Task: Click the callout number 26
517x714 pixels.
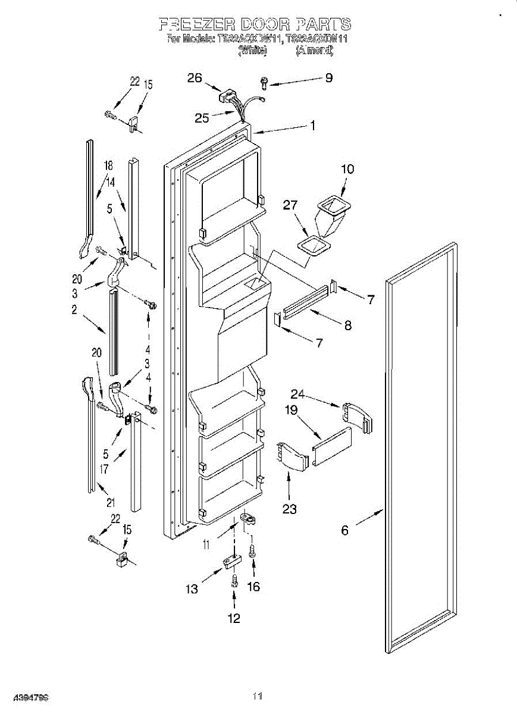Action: click(x=195, y=78)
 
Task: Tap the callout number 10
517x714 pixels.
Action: click(x=347, y=169)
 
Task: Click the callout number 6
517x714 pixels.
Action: click(x=345, y=530)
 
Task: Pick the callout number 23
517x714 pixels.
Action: click(x=290, y=509)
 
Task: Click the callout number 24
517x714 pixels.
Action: click(x=297, y=393)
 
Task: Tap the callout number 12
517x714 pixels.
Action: click(x=234, y=619)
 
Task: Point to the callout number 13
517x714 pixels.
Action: click(x=192, y=589)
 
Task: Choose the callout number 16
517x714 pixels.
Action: click(x=253, y=587)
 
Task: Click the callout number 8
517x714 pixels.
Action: click(x=347, y=325)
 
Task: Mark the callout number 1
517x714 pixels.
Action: click(x=312, y=126)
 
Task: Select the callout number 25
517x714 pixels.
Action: click(x=202, y=118)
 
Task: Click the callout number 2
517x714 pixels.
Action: click(x=74, y=310)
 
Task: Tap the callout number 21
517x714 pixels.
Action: click(x=111, y=503)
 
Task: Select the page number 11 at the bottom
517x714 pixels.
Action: click(x=258, y=696)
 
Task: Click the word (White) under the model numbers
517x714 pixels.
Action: click(x=252, y=51)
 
